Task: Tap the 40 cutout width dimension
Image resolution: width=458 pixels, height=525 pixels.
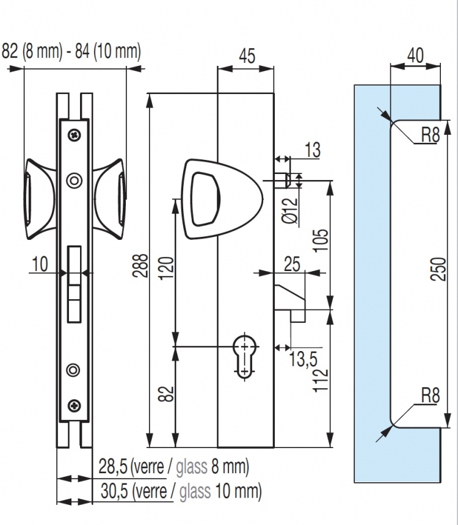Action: (415, 54)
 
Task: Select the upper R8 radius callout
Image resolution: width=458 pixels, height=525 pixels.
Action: (430, 135)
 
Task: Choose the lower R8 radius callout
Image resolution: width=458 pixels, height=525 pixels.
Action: (430, 396)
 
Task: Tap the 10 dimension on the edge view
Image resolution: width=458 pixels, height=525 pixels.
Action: (40, 264)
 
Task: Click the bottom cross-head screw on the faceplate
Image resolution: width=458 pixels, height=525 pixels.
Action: (74, 404)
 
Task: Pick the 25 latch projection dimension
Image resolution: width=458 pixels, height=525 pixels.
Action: (293, 264)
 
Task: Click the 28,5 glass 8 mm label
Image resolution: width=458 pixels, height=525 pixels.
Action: (173, 468)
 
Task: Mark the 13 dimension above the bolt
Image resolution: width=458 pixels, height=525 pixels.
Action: (311, 151)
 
